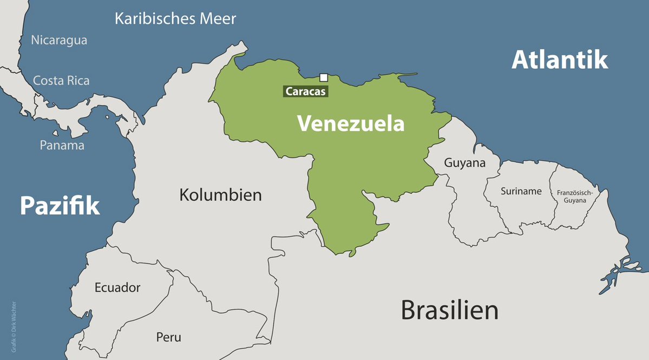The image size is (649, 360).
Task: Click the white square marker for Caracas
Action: point(324,77)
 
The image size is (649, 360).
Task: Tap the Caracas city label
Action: point(306,91)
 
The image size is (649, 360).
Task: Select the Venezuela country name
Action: point(351,124)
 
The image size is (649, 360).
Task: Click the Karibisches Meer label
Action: point(175,19)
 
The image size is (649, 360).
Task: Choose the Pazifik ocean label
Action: point(60,206)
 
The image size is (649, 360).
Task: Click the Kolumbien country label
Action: point(220,195)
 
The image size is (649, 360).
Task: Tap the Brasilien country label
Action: point(449,311)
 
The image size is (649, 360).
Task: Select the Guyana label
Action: point(464,163)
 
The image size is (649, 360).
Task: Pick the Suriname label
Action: point(521,191)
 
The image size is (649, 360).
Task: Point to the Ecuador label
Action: point(117,287)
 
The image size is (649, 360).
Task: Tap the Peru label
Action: point(169,337)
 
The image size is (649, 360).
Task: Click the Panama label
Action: point(62,146)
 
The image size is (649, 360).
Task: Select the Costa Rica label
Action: point(61,81)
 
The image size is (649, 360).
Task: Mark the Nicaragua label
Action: point(59,40)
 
